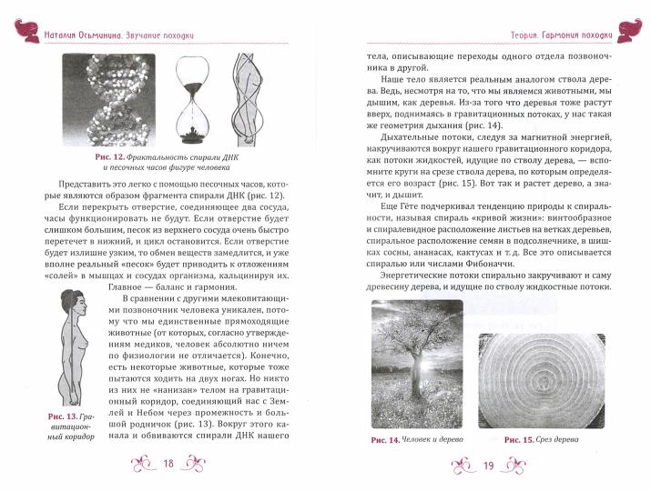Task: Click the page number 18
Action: (168, 466)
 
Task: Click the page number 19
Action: (487, 466)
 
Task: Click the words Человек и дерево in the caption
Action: (437, 440)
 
